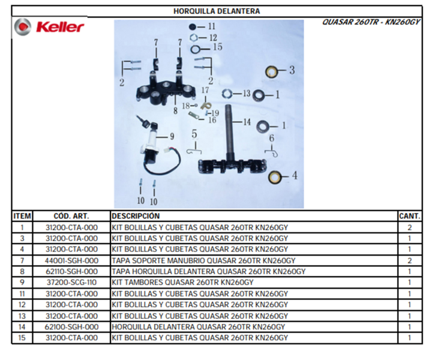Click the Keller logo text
[x=60, y=27]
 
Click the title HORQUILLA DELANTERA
[x=217, y=11]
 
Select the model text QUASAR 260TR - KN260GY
[x=371, y=22]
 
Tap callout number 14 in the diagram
[x=247, y=121]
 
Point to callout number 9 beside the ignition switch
[x=172, y=136]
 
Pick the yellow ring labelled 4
[x=275, y=177]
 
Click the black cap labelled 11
[x=193, y=27]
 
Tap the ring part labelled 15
[x=196, y=50]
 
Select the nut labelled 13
[x=227, y=94]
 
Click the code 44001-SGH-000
[x=71, y=260]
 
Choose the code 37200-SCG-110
[x=71, y=283]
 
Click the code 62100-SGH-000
[x=71, y=327]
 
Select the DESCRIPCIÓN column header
[x=136, y=216]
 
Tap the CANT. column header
[x=410, y=216]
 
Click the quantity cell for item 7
[x=410, y=260]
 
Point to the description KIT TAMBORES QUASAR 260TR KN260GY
[x=182, y=283]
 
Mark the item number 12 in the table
[x=22, y=305]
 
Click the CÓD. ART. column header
[x=71, y=216]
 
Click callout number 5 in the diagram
[x=194, y=134]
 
